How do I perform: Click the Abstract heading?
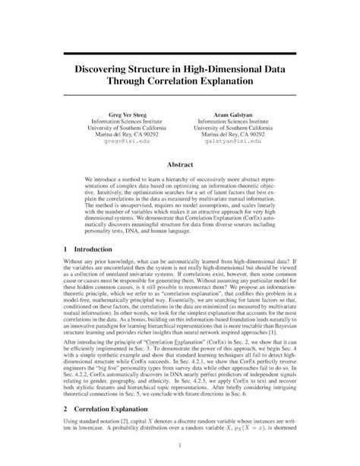click(180, 163)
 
